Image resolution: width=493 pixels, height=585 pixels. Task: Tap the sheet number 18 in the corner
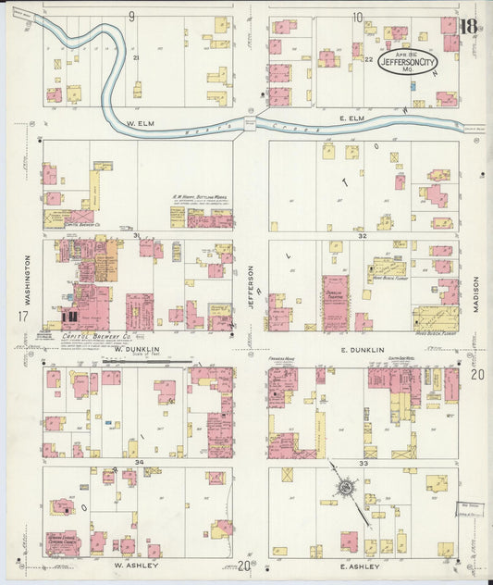(x=468, y=25)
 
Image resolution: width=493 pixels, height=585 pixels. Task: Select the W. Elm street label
(x=139, y=123)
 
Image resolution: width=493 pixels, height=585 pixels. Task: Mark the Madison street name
(x=478, y=292)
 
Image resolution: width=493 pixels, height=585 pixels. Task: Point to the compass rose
(x=344, y=485)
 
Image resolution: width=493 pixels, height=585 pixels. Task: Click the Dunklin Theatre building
(x=335, y=302)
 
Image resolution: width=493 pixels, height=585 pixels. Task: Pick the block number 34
(x=139, y=462)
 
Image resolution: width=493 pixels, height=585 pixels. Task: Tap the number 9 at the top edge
(x=131, y=16)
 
